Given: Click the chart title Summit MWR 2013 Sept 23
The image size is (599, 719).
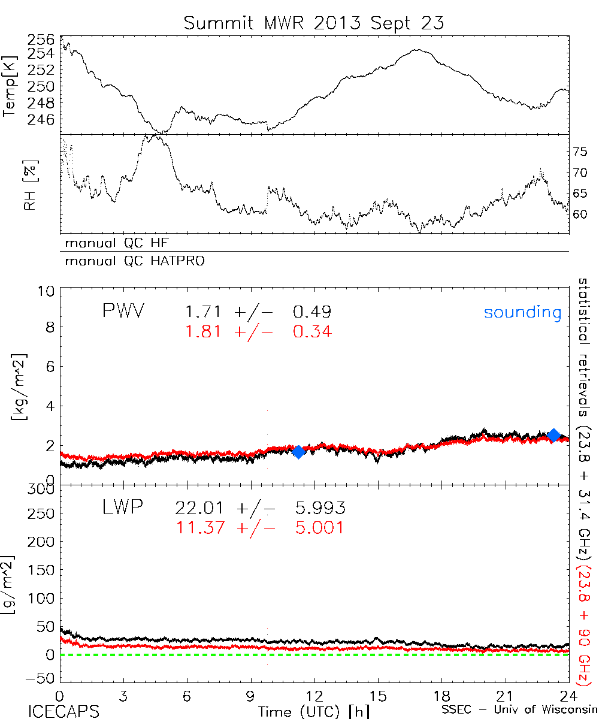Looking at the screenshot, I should (314, 23).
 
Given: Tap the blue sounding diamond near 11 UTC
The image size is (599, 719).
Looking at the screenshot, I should (298, 452).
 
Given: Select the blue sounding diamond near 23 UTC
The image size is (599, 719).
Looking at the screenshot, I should (554, 435).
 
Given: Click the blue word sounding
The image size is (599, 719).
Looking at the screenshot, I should (522, 312).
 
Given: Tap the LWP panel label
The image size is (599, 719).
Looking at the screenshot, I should (122, 508).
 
